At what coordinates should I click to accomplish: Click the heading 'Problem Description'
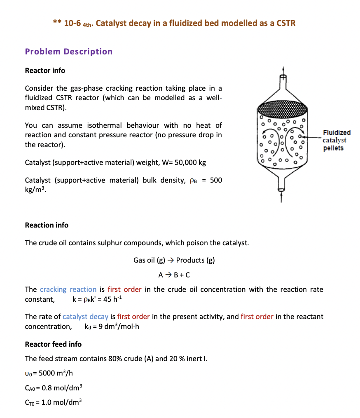coord(68,52)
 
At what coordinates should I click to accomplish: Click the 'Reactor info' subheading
coord(45,70)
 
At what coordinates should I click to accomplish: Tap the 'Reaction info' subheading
coord(47,225)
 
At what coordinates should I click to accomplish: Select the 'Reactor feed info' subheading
coord(53,344)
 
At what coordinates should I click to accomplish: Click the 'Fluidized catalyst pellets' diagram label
coord(336,140)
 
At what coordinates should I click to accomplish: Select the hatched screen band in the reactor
coord(282,110)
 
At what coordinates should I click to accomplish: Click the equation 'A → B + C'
coord(174,275)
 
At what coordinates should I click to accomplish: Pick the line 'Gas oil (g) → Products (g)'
coord(174,260)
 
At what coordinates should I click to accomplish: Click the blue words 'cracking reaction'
coord(68,289)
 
